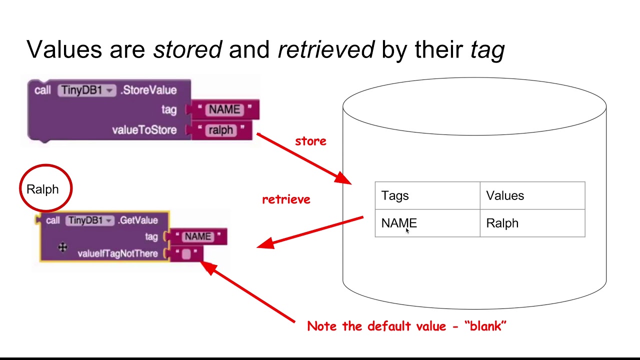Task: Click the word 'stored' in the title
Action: (x=187, y=49)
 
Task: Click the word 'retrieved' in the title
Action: (x=325, y=49)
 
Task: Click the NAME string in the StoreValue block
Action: (x=224, y=109)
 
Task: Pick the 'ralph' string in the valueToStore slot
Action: (x=220, y=130)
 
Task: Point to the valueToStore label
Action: (x=144, y=130)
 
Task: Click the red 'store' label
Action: (x=310, y=141)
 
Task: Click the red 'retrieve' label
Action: (x=286, y=199)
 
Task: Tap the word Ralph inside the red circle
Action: (x=42, y=189)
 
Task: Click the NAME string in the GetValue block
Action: (x=197, y=236)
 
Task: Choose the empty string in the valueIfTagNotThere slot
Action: (x=186, y=254)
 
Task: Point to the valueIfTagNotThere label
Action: (x=117, y=254)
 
